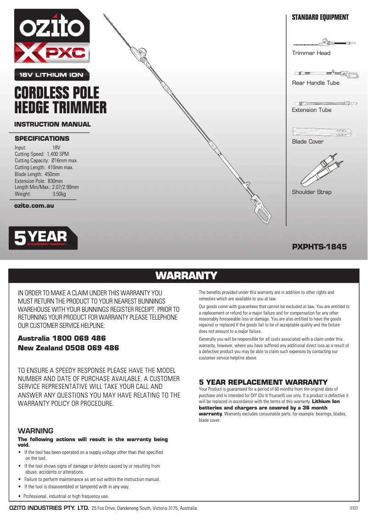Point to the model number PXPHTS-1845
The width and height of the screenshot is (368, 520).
(319, 247)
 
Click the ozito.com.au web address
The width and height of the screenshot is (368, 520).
(34, 205)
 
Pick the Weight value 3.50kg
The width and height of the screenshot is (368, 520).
(59, 194)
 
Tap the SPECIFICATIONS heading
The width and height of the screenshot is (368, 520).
(42, 138)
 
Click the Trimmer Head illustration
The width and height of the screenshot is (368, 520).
(324, 43)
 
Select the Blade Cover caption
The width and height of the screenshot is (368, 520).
(307, 142)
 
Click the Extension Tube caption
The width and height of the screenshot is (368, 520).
(312, 110)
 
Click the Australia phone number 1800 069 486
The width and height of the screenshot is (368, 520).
(80, 338)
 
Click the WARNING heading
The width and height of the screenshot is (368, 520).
(35, 431)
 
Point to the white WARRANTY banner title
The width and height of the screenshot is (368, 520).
(186, 276)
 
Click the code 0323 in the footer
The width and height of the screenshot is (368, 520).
(353, 508)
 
